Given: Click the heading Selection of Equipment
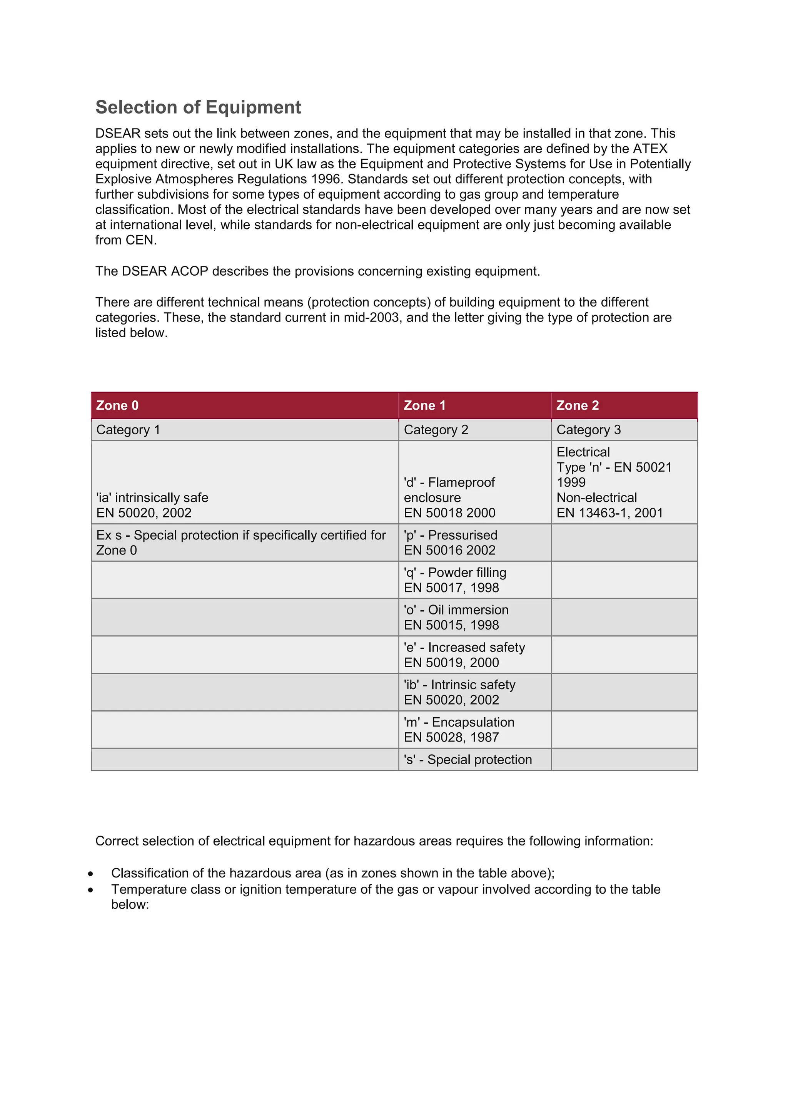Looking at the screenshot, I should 198,107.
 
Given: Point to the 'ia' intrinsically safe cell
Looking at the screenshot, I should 152,505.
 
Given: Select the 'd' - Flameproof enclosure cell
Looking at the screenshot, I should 449,497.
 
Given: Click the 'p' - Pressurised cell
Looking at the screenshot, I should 450,542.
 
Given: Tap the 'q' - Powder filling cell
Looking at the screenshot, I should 455,580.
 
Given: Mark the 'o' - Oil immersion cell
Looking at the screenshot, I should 456,617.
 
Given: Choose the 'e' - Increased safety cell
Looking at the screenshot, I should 464,655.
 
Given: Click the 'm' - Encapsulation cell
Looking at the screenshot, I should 459,730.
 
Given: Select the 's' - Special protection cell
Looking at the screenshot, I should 468,760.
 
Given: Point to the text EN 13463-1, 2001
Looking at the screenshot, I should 609,513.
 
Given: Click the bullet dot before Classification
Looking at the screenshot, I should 91,874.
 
